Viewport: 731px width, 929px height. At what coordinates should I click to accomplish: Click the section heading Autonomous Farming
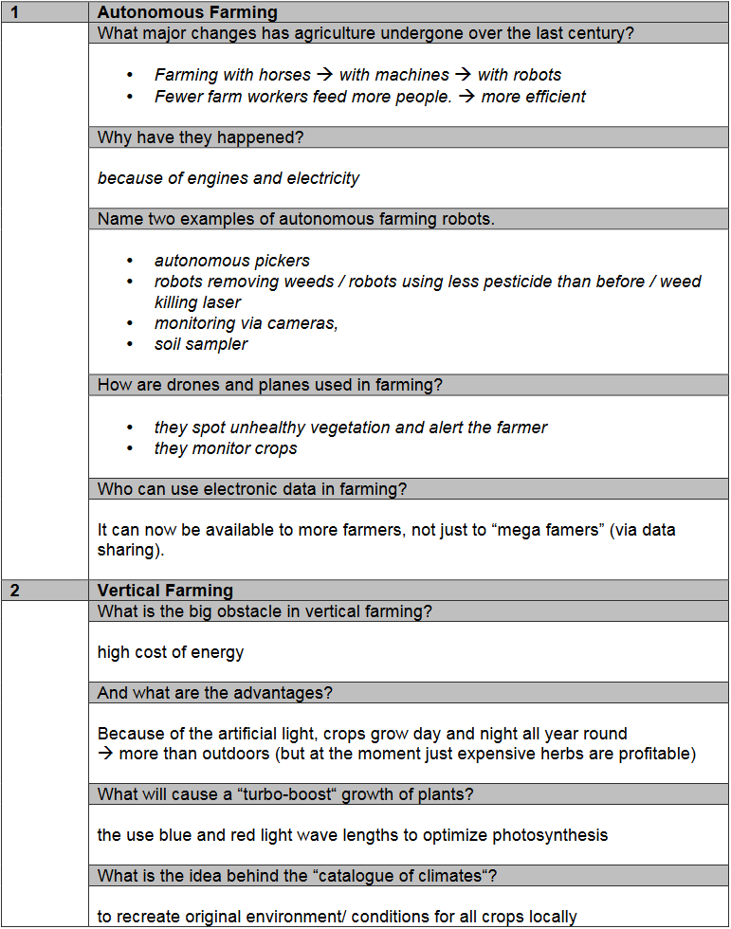187,12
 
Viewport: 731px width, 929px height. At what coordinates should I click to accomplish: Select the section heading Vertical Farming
165,591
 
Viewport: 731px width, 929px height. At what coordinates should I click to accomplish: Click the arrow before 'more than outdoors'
105,754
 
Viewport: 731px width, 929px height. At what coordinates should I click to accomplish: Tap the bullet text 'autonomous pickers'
232,261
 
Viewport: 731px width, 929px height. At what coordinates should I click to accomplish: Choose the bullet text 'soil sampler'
201,344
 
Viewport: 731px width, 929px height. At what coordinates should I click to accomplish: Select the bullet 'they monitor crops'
226,448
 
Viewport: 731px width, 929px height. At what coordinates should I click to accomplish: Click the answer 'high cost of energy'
171,652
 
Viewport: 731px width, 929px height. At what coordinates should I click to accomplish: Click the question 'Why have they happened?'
200,137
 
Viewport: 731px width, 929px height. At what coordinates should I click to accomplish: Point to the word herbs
563,754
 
